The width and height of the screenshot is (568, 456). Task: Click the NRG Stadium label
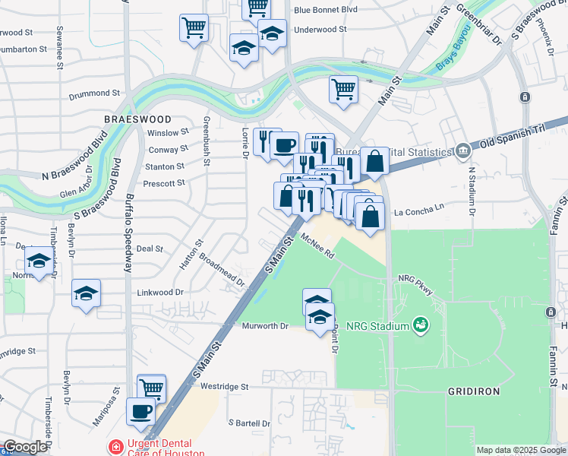tap(377, 327)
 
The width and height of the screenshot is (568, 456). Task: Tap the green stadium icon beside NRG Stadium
tap(419, 326)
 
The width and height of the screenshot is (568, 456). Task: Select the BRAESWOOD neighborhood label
tap(138, 119)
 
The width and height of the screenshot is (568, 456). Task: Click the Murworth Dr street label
tap(266, 326)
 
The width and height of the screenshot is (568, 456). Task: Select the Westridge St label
tap(223, 387)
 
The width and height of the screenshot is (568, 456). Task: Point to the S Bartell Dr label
tap(249, 423)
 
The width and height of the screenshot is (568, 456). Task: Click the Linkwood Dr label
tap(160, 292)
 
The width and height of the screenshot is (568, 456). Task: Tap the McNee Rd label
tap(317, 247)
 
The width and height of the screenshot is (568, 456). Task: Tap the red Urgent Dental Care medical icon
tap(115, 447)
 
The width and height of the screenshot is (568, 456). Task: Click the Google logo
tap(25, 447)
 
